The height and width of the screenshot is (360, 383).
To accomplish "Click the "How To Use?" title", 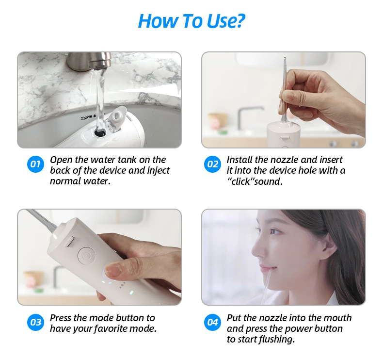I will tap(191, 21).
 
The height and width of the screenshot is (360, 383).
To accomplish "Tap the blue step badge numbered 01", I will tap(35, 164).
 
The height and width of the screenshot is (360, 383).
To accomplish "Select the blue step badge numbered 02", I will tap(213, 164).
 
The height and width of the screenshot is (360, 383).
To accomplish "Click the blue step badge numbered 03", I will tap(35, 322).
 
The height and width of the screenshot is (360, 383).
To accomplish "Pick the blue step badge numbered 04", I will tap(213, 322).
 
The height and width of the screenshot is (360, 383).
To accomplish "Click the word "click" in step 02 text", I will tap(242, 181).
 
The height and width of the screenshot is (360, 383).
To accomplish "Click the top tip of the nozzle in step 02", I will tap(285, 59).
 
